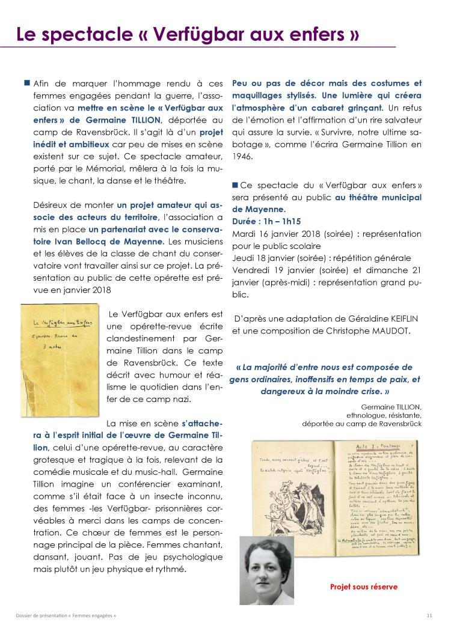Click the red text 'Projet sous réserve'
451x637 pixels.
pyautogui.click(x=364, y=587)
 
